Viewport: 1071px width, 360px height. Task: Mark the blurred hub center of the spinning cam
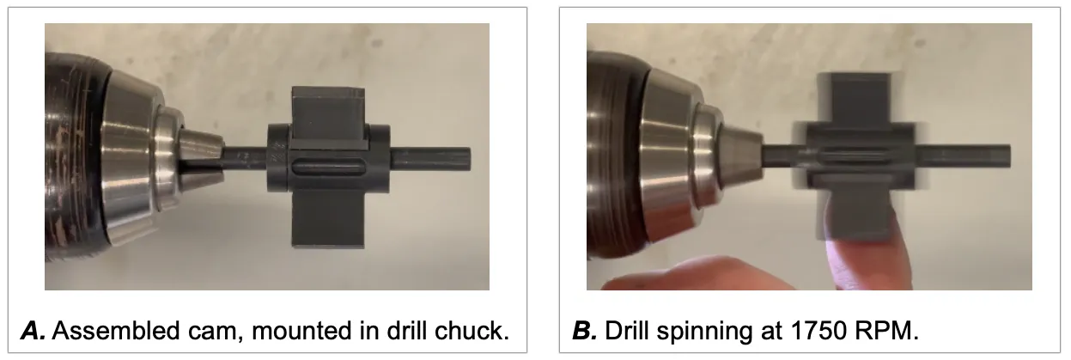(859, 157)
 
